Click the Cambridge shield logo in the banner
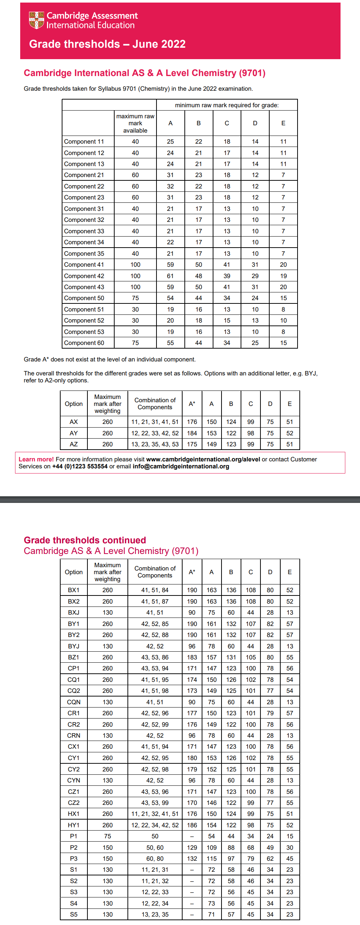click(x=36, y=20)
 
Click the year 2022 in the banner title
click(x=172, y=44)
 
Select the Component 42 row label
click(x=84, y=276)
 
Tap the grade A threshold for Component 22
click(x=170, y=186)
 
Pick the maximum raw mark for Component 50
click(x=135, y=298)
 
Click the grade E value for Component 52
click(x=283, y=320)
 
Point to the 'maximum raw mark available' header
click(x=135, y=123)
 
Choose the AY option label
click(x=73, y=433)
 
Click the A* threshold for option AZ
click(x=192, y=444)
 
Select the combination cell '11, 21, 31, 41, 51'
click(x=155, y=422)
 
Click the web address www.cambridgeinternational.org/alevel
click(x=203, y=459)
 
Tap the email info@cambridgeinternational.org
click(x=181, y=466)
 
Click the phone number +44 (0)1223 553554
click(x=80, y=466)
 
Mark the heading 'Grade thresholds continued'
click(x=85, y=540)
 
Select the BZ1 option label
click(x=73, y=657)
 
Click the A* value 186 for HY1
click(x=192, y=825)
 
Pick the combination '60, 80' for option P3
click(x=155, y=859)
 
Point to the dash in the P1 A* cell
click(x=192, y=836)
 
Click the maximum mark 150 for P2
click(x=108, y=847)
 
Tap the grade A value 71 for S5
click(x=212, y=914)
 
